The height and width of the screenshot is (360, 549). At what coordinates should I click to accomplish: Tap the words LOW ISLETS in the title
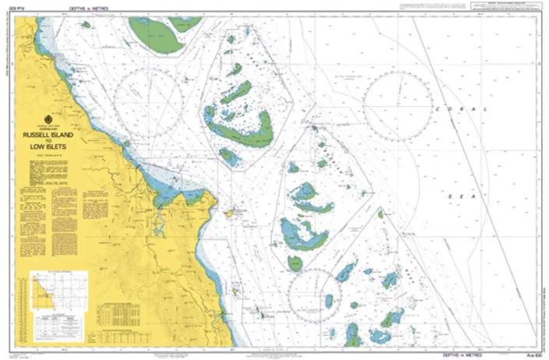(x=50, y=146)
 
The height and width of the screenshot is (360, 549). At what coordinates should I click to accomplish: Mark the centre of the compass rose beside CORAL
(x=398, y=106)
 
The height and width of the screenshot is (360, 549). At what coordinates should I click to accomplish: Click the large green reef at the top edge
(x=158, y=34)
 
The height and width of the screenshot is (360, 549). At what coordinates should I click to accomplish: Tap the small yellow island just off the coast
(x=229, y=213)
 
